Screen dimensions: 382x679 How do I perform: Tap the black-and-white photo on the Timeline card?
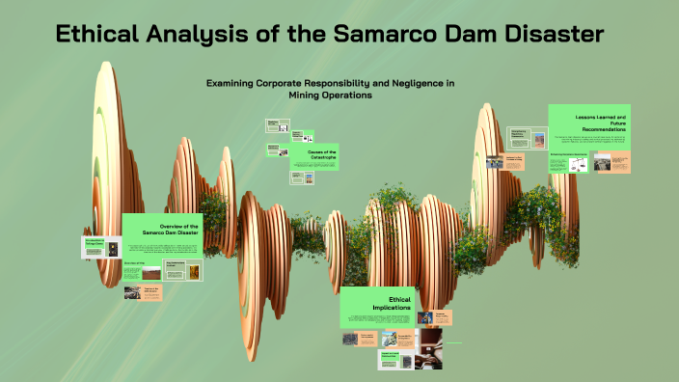tap(132, 292)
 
